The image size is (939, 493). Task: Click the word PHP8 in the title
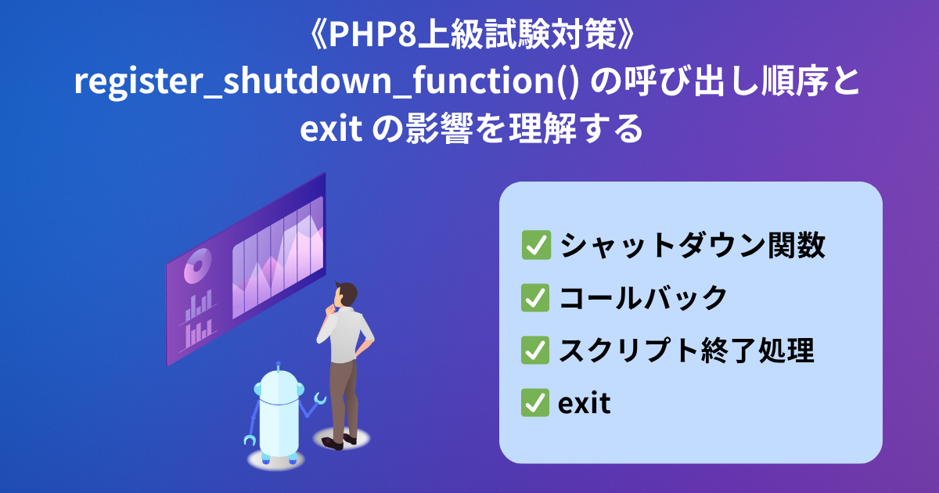point(372,34)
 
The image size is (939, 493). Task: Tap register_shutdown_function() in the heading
point(327,81)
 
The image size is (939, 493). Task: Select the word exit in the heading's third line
point(331,129)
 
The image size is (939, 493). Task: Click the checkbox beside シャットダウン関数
point(536,245)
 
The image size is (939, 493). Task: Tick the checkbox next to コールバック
point(535,297)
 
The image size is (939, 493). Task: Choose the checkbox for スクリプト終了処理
point(535,350)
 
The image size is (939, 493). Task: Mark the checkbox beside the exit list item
point(535,402)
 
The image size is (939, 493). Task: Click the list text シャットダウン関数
point(693,245)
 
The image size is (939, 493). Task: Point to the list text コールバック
point(643,297)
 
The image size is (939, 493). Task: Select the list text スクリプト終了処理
point(687,350)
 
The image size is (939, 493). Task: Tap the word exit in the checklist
point(584,403)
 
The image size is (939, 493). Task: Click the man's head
point(346,295)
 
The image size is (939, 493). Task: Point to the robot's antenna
point(279,366)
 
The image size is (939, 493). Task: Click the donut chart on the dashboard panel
point(197,265)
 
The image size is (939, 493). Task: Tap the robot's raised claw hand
point(320,398)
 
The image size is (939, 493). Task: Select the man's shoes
point(339,441)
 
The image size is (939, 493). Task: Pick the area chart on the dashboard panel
point(278,257)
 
